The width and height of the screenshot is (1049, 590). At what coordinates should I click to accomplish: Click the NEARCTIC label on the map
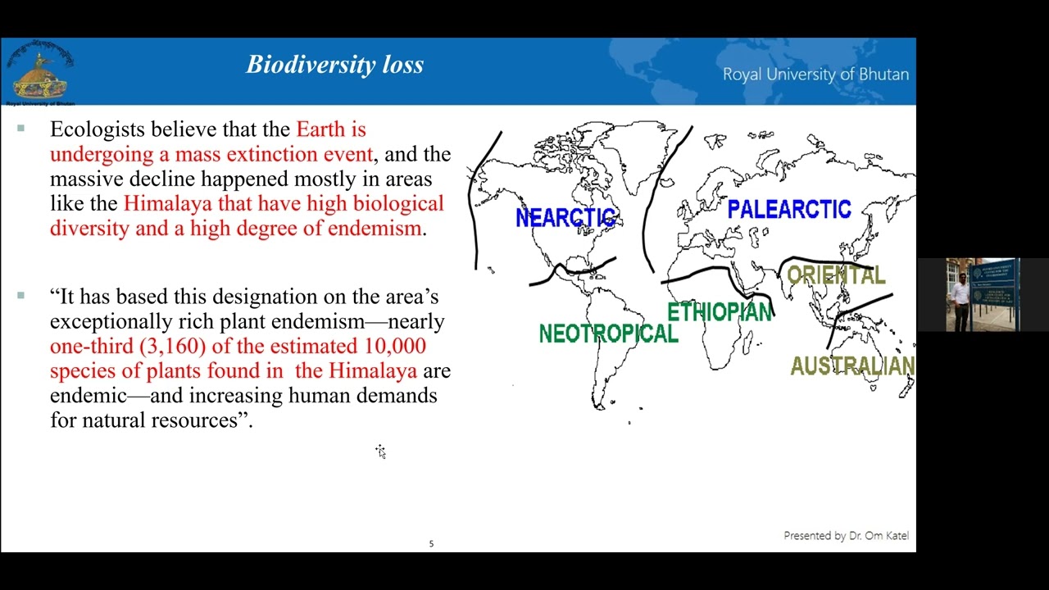coord(565,217)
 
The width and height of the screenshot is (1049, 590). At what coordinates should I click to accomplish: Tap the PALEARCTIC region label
coord(788,210)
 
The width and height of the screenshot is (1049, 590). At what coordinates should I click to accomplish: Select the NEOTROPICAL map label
coord(608,334)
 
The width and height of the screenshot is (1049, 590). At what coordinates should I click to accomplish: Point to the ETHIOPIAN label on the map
coord(720,312)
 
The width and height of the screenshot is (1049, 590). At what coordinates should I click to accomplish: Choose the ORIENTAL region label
coord(836,275)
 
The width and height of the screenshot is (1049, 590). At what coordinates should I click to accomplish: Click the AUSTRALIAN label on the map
coord(852,366)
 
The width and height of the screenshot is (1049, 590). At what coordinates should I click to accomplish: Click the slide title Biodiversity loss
coord(335,65)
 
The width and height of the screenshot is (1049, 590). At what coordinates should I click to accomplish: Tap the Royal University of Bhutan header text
coord(815,75)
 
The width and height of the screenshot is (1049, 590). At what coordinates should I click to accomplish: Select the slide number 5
coord(431,544)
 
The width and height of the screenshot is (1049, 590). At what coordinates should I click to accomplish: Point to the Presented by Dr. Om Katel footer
coord(846,536)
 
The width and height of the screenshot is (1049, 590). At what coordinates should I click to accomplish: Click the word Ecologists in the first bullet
coord(98,129)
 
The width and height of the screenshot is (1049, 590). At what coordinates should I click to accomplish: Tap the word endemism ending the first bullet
coord(374,229)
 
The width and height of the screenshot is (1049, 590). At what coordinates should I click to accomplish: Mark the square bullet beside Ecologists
coord(20,129)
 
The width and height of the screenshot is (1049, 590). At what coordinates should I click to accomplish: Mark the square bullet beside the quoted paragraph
coord(20,296)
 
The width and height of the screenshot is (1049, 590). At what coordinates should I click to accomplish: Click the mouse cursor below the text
coord(380,451)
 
